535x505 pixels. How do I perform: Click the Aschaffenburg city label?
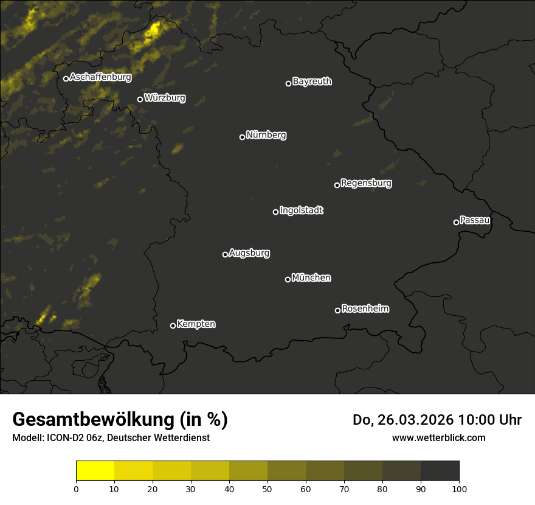tap(100, 77)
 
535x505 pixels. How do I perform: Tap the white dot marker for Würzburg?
tap(140, 99)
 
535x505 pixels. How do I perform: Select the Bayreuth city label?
tap(312, 82)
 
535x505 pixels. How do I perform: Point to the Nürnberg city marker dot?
tap(242, 137)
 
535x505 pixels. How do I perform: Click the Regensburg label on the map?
tap(366, 183)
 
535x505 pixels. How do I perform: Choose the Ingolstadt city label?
tap(301, 211)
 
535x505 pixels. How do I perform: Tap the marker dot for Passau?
tap(456, 222)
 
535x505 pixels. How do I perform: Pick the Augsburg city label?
tap(249, 253)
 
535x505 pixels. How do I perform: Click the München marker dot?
tap(288, 279)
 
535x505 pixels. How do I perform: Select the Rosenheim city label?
tap(365, 309)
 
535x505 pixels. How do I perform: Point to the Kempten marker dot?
tap(173, 326)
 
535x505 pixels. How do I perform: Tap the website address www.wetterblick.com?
tap(438, 437)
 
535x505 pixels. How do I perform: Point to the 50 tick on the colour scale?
tap(267, 489)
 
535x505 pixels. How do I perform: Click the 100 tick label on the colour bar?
tap(459, 489)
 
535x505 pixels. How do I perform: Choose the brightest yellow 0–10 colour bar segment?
tap(95, 471)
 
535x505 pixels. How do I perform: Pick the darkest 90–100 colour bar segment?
tap(440, 471)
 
